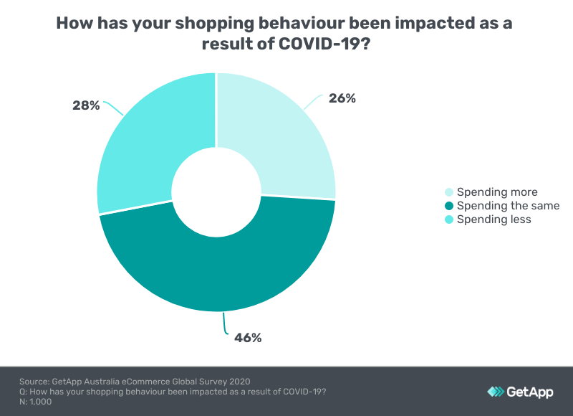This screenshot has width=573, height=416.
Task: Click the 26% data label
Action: pos(341,99)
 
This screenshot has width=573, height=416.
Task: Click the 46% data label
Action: pos(248,337)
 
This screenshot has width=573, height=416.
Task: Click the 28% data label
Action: pos(86,105)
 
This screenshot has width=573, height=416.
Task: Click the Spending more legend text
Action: pos(496,192)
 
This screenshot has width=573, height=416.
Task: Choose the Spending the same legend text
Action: pos(508,206)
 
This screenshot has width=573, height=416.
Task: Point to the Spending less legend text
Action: pos(493,219)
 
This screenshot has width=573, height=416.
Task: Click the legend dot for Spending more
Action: pos(449,192)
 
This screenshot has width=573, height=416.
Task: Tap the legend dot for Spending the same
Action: pos(449,206)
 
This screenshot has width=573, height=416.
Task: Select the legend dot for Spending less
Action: pos(449,219)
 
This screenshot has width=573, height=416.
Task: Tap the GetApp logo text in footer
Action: pos(531,392)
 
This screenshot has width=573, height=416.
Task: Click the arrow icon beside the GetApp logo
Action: pos(496,392)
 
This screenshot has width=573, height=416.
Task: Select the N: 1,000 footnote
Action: pos(36,402)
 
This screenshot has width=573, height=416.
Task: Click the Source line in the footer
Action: pos(135,380)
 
